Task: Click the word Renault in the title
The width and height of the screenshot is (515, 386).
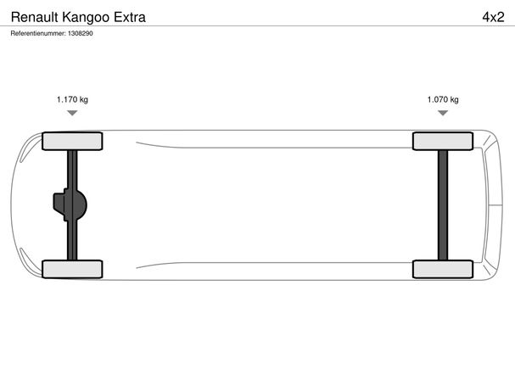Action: pyautogui.click(x=35, y=17)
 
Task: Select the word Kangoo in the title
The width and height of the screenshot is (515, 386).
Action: pyautogui.click(x=86, y=17)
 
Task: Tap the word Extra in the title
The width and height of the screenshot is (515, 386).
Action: pyautogui.click(x=130, y=17)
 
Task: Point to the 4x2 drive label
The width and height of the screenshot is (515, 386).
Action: pyautogui.click(x=493, y=17)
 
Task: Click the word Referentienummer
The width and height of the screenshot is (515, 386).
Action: pyautogui.click(x=38, y=33)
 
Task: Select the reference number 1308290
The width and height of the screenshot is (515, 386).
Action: pyautogui.click(x=81, y=33)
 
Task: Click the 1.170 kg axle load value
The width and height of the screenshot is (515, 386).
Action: pyautogui.click(x=72, y=99)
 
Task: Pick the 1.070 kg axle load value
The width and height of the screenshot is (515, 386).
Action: pyautogui.click(x=443, y=99)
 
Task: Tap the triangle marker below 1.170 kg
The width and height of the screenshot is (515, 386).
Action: pyautogui.click(x=72, y=113)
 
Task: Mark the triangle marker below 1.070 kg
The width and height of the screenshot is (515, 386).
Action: pyautogui.click(x=443, y=113)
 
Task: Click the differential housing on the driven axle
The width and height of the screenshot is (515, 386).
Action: pyautogui.click(x=70, y=204)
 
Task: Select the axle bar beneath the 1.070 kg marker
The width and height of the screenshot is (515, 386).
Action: pyautogui.click(x=443, y=205)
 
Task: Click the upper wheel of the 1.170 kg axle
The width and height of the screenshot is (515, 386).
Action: pyautogui.click(x=72, y=141)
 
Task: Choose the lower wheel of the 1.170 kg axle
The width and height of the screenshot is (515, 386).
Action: pyautogui.click(x=72, y=269)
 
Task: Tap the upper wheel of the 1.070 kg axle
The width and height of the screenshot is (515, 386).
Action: pyautogui.click(x=443, y=141)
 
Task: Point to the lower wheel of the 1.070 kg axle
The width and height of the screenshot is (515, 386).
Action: pyautogui.click(x=443, y=269)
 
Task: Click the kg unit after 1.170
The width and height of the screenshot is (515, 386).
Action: pyautogui.click(x=84, y=100)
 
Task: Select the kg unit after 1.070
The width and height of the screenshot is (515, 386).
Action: pyautogui.click(x=454, y=100)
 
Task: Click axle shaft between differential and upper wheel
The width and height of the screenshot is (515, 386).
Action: pyautogui.click(x=72, y=169)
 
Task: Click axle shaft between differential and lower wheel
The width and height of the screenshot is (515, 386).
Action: pyautogui.click(x=72, y=240)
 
